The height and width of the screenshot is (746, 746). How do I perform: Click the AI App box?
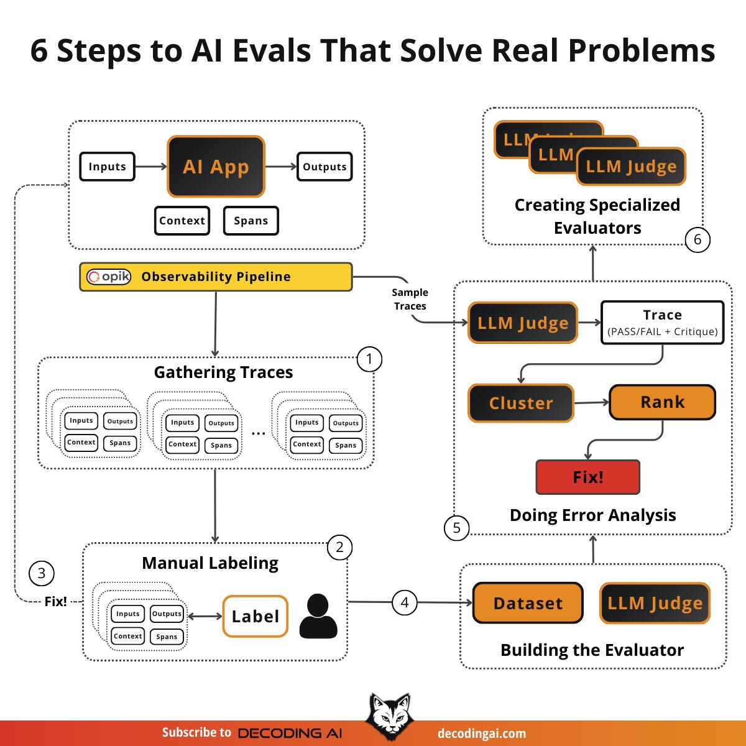216,167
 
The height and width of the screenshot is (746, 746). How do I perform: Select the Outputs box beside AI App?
325,167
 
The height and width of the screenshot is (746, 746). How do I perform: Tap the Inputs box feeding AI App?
107,167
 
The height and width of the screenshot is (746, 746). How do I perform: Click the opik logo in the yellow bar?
109,277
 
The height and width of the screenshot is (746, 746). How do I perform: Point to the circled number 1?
369,359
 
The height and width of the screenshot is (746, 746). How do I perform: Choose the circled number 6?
698,239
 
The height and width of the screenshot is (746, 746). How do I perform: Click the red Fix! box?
587,477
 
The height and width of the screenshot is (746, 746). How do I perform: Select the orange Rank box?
662,402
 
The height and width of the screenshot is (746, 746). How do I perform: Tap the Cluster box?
521,403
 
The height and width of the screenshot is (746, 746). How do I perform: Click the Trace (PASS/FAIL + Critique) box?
662,323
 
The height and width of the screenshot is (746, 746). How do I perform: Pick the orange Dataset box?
528,603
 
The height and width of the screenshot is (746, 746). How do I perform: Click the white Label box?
255,616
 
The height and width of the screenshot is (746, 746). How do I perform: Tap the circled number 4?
405,602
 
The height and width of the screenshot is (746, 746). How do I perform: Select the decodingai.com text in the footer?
482,734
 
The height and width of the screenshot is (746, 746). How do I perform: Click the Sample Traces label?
410,299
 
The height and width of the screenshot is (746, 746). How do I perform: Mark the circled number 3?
42,573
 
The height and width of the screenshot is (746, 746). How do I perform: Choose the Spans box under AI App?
251,221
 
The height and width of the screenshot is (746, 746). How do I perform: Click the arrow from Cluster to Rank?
591,403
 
